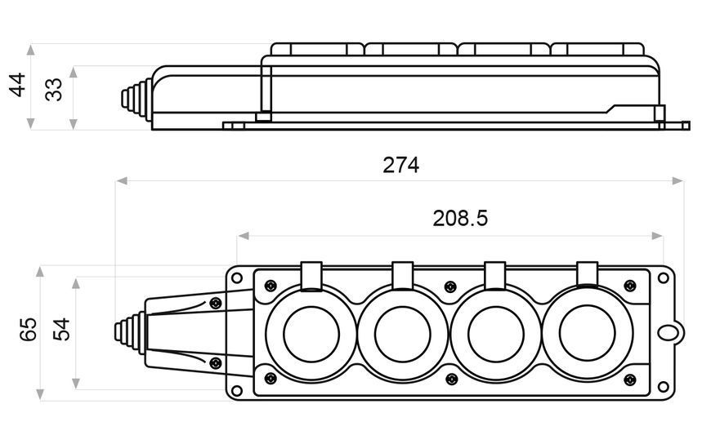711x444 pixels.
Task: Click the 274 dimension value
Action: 400,166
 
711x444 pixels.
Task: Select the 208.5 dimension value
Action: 460,219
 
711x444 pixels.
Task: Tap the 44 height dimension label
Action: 18,85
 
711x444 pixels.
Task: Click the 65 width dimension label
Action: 28,330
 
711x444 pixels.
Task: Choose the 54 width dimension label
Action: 61,330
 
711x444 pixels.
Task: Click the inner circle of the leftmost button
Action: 311,334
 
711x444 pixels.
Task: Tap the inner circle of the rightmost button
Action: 588,334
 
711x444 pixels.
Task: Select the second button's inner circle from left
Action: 403,334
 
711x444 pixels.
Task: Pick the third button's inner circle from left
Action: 495,334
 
